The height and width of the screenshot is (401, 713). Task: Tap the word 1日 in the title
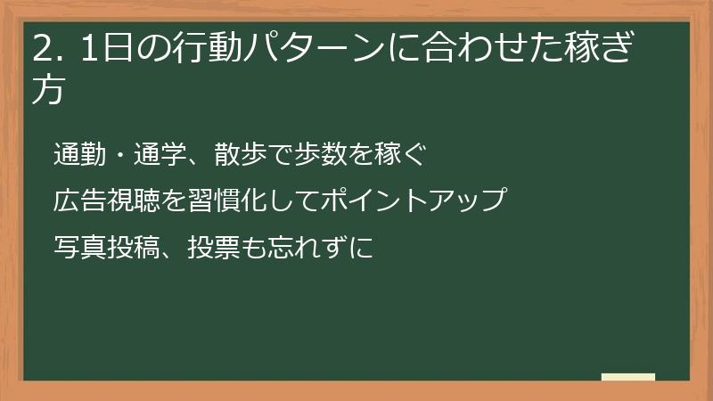click(102, 47)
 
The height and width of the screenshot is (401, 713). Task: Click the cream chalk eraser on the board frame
click(628, 377)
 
